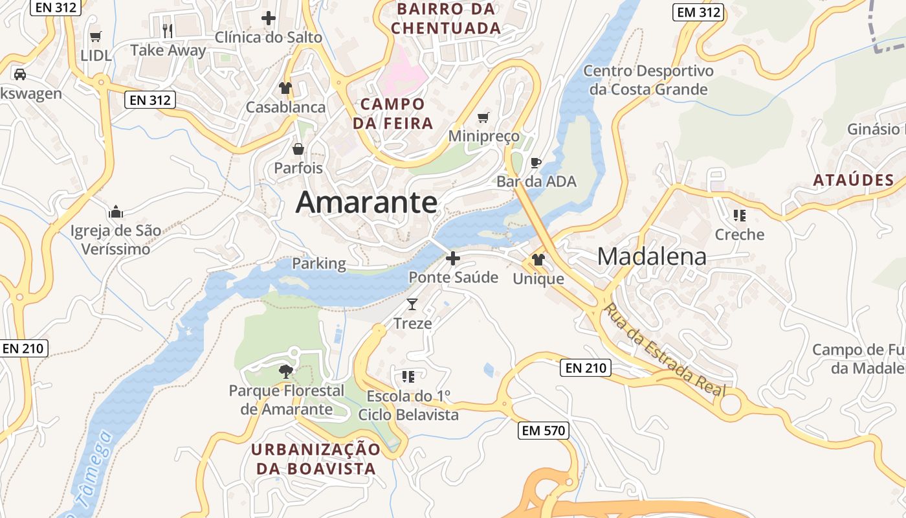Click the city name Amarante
click(x=366, y=203)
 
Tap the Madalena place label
click(x=652, y=256)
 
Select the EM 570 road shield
click(x=543, y=430)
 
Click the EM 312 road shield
click(x=698, y=12)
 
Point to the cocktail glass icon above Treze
click(x=412, y=304)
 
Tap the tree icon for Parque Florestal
click(x=285, y=371)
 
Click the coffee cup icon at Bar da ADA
click(x=535, y=163)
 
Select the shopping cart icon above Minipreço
click(x=483, y=117)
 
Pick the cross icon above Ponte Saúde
click(x=453, y=258)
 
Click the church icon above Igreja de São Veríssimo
click(x=116, y=211)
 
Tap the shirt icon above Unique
click(x=538, y=260)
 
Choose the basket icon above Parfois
click(x=298, y=149)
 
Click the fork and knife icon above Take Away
click(x=168, y=30)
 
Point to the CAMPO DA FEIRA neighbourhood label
click(x=393, y=113)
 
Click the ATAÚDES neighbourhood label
click(x=854, y=180)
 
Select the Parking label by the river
click(x=319, y=264)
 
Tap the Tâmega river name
click(x=92, y=473)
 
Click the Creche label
click(x=740, y=234)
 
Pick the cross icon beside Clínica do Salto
click(x=269, y=18)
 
